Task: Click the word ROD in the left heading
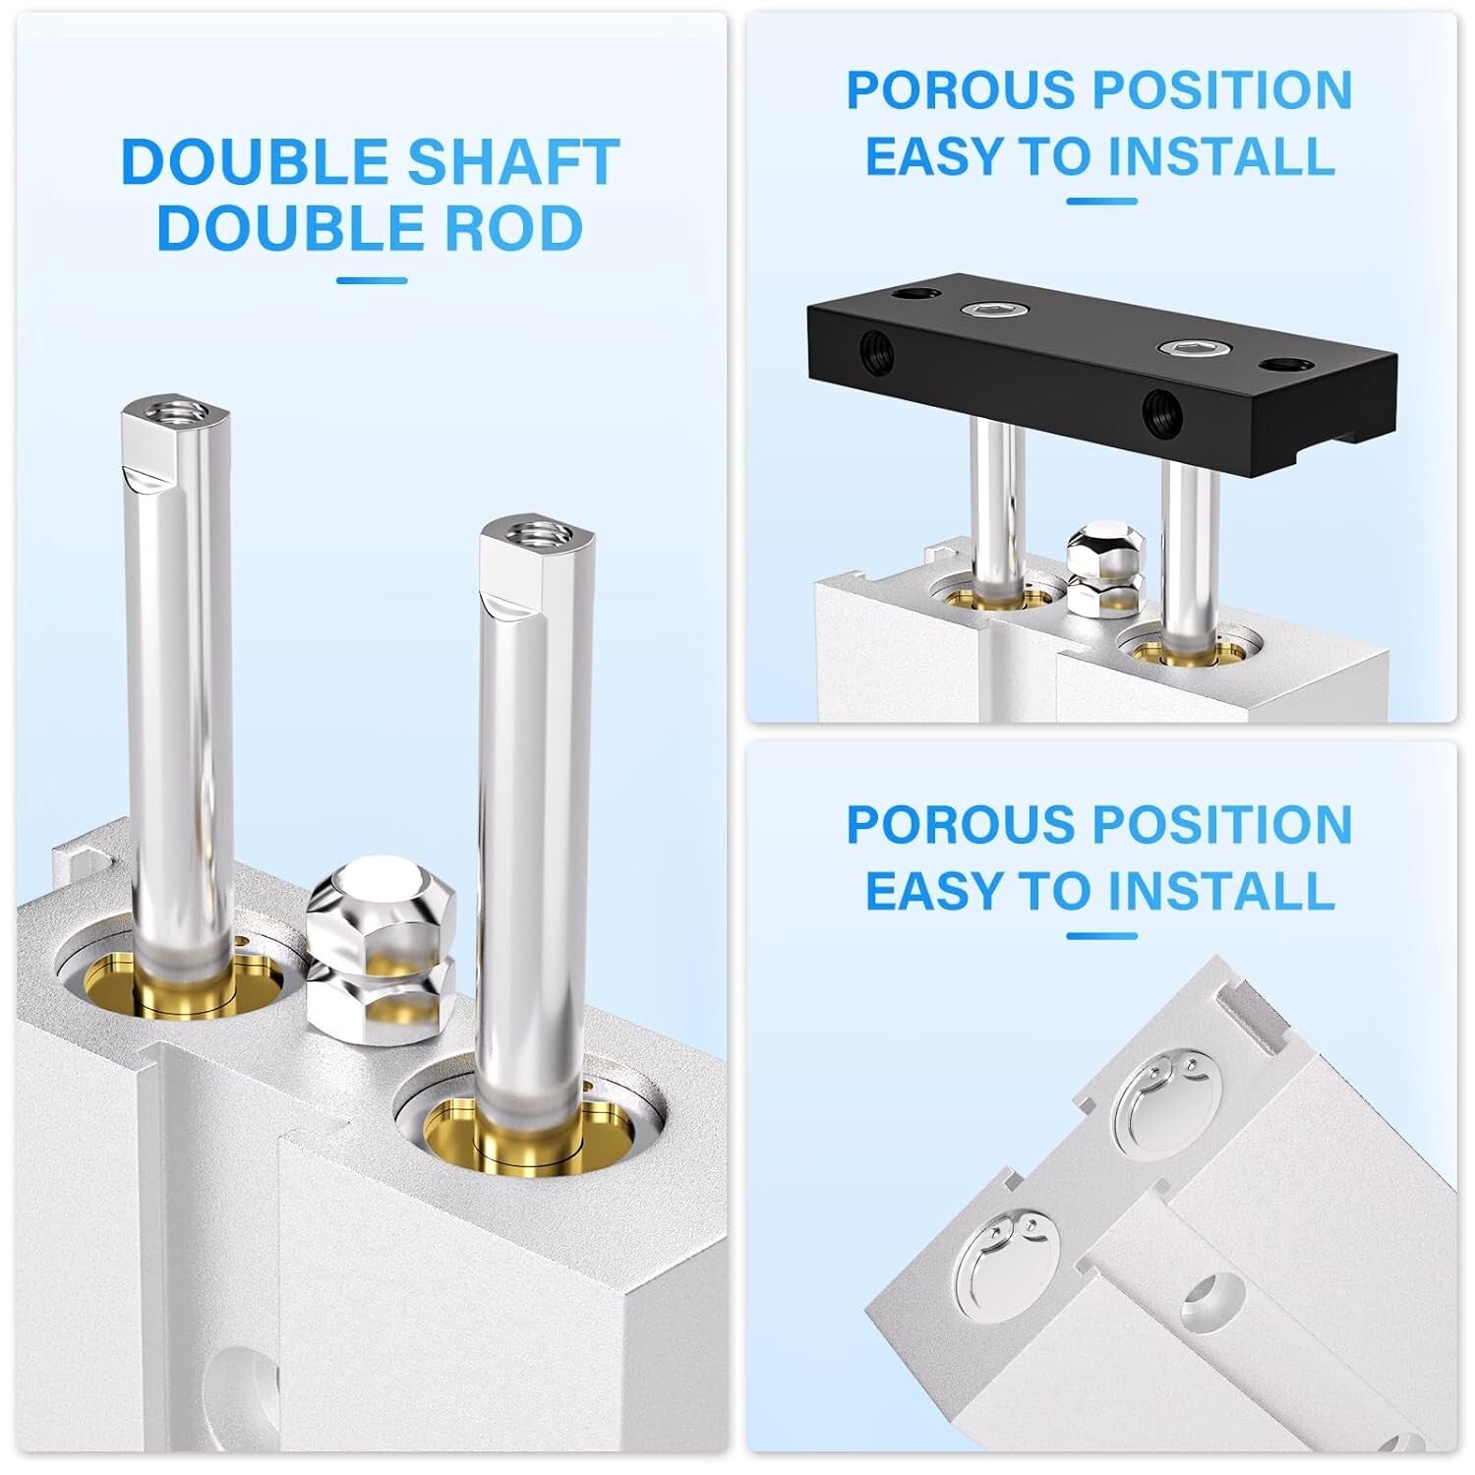(x=514, y=228)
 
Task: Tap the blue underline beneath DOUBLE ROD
(x=371, y=281)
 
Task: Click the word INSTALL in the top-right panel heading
(x=1222, y=156)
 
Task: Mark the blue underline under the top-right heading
(x=1101, y=203)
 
